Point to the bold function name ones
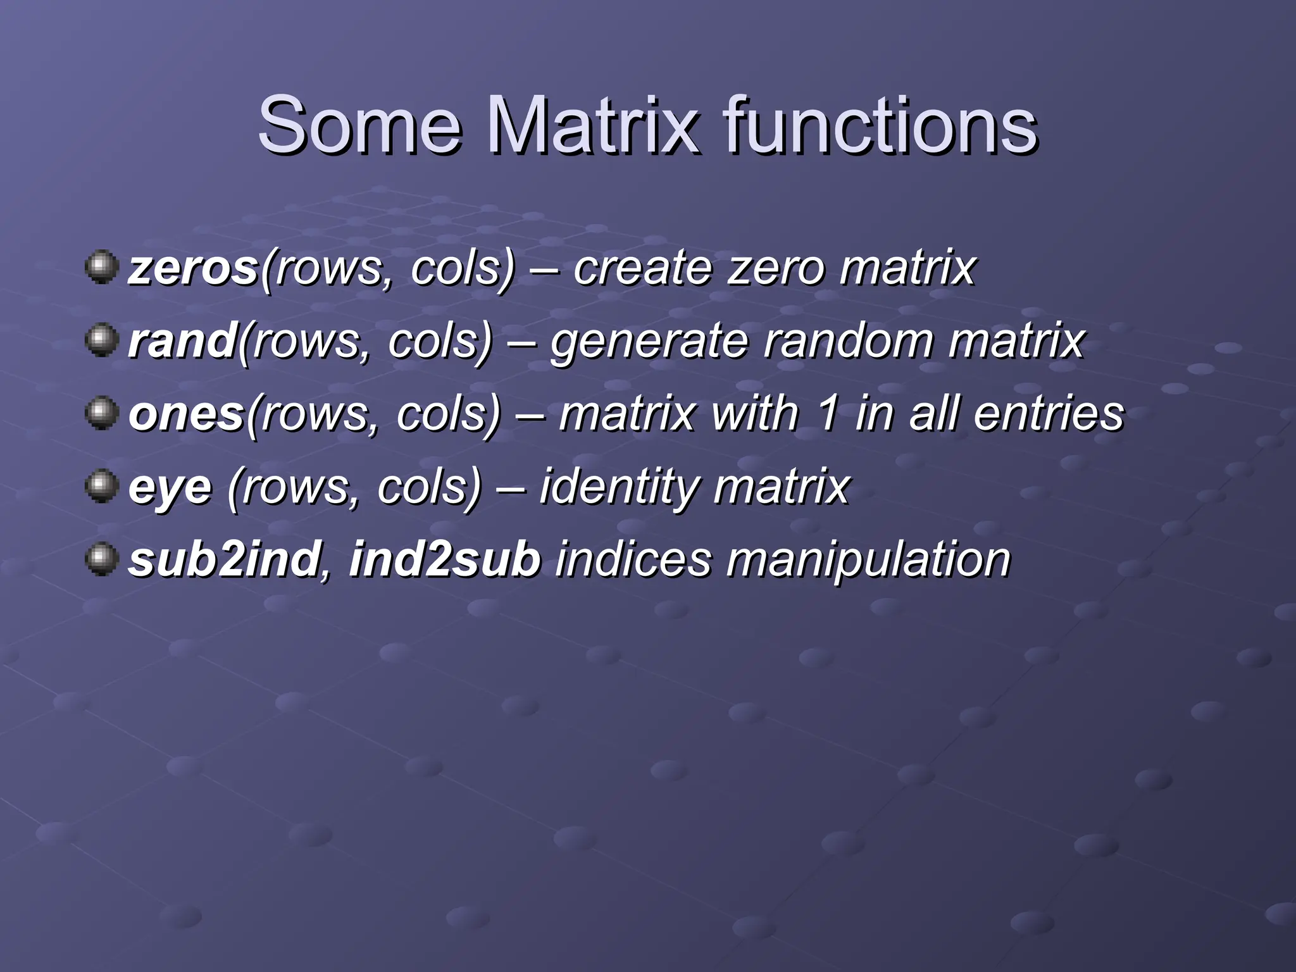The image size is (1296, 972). point(186,414)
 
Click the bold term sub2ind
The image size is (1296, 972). point(223,559)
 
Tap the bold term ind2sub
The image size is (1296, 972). point(445,559)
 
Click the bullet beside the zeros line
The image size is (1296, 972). point(101,268)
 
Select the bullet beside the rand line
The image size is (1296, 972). point(101,340)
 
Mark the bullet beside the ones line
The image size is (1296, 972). point(101,413)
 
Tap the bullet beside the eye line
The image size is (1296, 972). point(101,486)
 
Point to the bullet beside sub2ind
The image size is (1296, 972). point(101,559)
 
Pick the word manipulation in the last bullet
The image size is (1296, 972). point(868,561)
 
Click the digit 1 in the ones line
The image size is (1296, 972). point(827,414)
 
